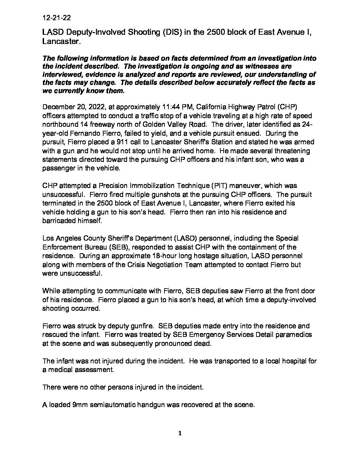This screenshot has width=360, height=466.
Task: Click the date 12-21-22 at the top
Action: coord(56,17)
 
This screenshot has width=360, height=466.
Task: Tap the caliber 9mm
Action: coord(79,405)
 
